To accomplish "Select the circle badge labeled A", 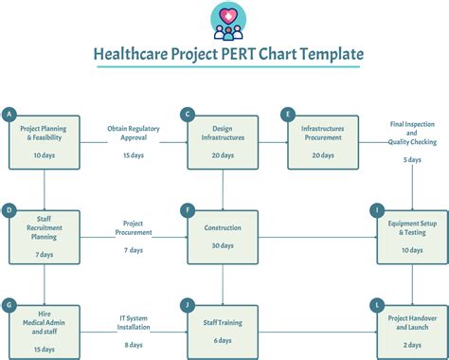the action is (9, 115).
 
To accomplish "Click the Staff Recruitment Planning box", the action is (44, 235).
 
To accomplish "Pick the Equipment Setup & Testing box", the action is (412, 235).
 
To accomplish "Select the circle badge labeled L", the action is (378, 304).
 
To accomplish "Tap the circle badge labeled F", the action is (189, 209).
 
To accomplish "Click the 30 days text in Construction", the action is (223, 246).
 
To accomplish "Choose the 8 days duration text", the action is (134, 345).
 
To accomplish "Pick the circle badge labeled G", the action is (9, 304).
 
